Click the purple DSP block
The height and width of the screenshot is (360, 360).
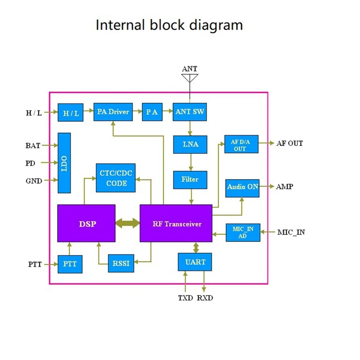click(x=86, y=223)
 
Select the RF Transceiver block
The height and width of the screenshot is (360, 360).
click(x=175, y=223)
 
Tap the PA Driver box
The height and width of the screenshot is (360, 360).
click(x=112, y=112)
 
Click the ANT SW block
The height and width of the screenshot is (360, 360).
click(x=190, y=112)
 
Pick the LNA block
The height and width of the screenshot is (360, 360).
click(x=190, y=144)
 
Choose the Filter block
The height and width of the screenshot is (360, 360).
click(x=190, y=180)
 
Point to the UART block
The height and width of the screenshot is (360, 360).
click(x=195, y=262)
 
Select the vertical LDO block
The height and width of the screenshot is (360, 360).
click(x=64, y=162)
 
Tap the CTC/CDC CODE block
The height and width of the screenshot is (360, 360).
click(x=116, y=179)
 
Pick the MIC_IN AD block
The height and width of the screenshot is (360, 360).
click(x=243, y=232)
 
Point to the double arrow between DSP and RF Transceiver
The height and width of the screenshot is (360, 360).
click(x=127, y=223)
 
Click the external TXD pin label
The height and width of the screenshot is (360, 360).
click(x=185, y=298)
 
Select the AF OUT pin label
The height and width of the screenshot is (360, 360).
click(x=290, y=144)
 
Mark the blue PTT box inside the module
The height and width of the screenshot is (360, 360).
click(x=70, y=264)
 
